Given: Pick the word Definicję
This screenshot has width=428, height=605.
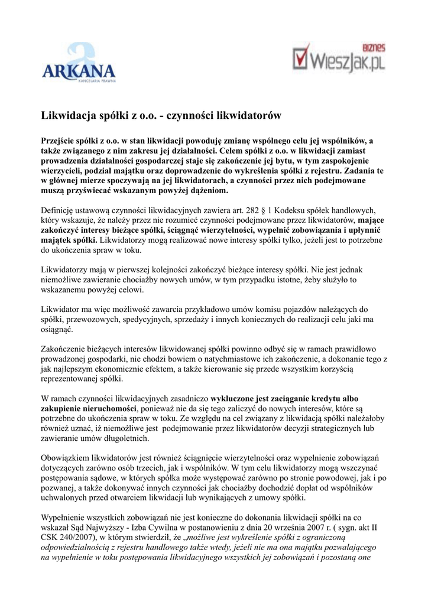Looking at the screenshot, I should tap(59, 210).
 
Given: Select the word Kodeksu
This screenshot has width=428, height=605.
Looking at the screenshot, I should tap(286, 210).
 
